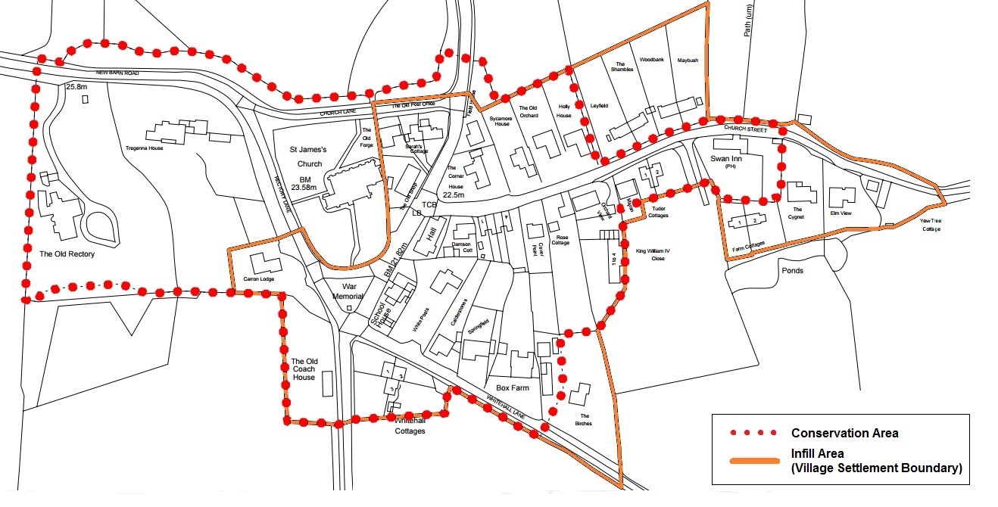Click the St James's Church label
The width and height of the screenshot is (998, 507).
click(x=309, y=157)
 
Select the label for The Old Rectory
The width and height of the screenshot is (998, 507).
click(x=67, y=254)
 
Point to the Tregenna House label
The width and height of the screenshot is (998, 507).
click(x=144, y=148)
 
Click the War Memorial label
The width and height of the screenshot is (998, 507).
click(x=349, y=291)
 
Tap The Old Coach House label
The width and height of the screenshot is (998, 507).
click(x=304, y=369)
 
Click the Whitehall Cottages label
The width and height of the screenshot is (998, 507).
click(x=410, y=425)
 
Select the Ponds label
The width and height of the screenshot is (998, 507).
click(x=794, y=271)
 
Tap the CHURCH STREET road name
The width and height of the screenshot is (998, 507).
click(x=745, y=129)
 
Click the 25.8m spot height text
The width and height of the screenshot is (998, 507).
click(x=76, y=87)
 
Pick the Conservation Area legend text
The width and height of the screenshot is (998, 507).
click(x=844, y=434)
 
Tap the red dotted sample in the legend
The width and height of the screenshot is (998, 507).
click(x=753, y=434)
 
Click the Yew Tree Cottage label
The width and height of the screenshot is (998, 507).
click(x=930, y=225)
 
